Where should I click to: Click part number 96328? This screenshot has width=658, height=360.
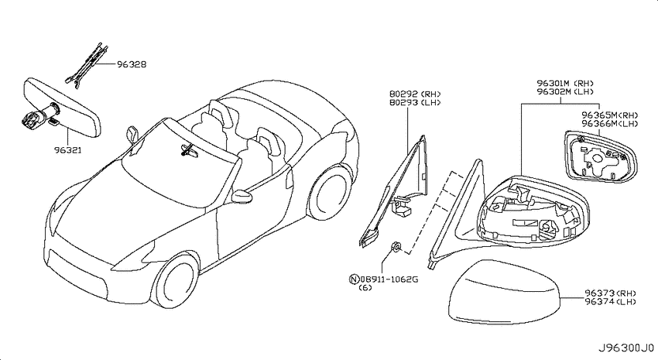point(132,64)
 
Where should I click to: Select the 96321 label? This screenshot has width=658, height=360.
point(68,149)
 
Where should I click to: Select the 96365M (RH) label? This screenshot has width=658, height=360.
point(610,115)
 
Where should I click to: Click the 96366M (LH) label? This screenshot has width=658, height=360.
point(610,123)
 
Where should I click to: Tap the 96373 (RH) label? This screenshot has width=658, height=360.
point(611,293)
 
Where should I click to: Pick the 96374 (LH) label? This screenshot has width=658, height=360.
point(611,301)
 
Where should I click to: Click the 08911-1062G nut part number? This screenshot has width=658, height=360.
point(389,279)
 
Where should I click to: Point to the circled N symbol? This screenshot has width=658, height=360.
point(355,279)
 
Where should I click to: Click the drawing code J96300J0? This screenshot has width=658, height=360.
point(625,348)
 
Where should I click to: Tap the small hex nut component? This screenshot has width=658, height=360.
point(396,247)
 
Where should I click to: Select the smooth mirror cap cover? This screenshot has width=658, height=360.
point(505,293)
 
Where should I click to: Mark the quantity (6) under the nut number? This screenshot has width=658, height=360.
point(365,288)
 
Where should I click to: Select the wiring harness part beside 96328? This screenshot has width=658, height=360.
point(87,66)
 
